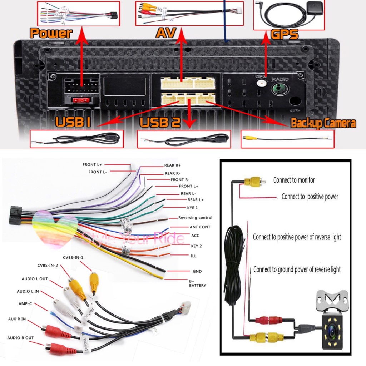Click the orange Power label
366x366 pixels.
[x=51, y=33]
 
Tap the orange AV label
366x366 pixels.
[x=166, y=33]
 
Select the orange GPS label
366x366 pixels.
[x=285, y=34]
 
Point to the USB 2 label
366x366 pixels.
[x=160, y=122]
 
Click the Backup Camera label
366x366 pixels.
[x=323, y=124]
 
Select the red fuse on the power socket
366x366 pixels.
[x=81, y=101]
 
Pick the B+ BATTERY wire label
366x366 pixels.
[x=197, y=283]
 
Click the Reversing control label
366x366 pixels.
[x=195, y=218]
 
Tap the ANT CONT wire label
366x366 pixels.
[x=200, y=227]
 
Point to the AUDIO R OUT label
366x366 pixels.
[x=20, y=338]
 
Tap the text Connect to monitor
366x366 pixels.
[x=294, y=180]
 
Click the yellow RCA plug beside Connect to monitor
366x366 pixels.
[x=254, y=182]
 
